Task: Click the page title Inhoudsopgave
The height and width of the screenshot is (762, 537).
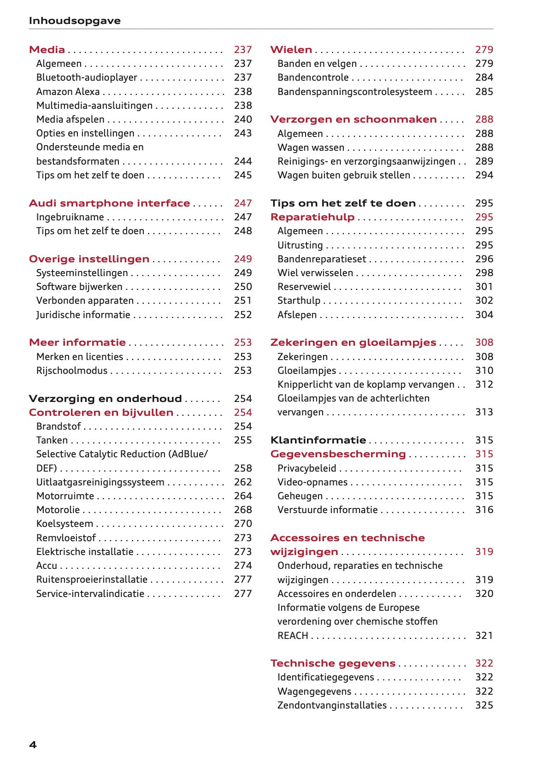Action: pos(75,21)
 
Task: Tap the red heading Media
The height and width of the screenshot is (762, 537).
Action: pos(47,50)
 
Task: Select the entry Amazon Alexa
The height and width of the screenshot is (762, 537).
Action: pos(68,92)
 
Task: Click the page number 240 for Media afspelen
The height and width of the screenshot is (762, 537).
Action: pos(242,119)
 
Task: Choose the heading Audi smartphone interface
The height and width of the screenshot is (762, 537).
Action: pos(109,203)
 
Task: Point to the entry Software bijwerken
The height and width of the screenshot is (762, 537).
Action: pos(79,287)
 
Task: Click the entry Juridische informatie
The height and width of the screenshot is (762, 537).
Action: pos(83,315)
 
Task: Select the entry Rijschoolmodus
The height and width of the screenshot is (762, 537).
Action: pos(71,371)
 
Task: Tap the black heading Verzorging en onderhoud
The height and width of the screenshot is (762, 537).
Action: pos(105,399)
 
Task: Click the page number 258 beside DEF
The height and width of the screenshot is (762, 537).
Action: pos(242,468)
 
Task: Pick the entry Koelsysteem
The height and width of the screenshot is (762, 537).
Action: pos(65,524)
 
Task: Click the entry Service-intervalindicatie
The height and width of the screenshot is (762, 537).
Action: pos(90,594)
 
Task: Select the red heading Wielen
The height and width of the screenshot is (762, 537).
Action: pos(291,50)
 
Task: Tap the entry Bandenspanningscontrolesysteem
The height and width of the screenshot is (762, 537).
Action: pos(354,92)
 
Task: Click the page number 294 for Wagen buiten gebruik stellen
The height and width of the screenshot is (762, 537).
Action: pos(484,175)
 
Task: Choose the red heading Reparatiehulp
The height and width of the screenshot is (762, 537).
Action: pos(312,217)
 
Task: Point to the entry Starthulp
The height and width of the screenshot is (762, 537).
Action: pos(299,301)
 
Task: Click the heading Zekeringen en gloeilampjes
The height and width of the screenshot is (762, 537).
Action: pos(353,343)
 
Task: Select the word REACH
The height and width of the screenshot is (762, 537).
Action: pos(293,636)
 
